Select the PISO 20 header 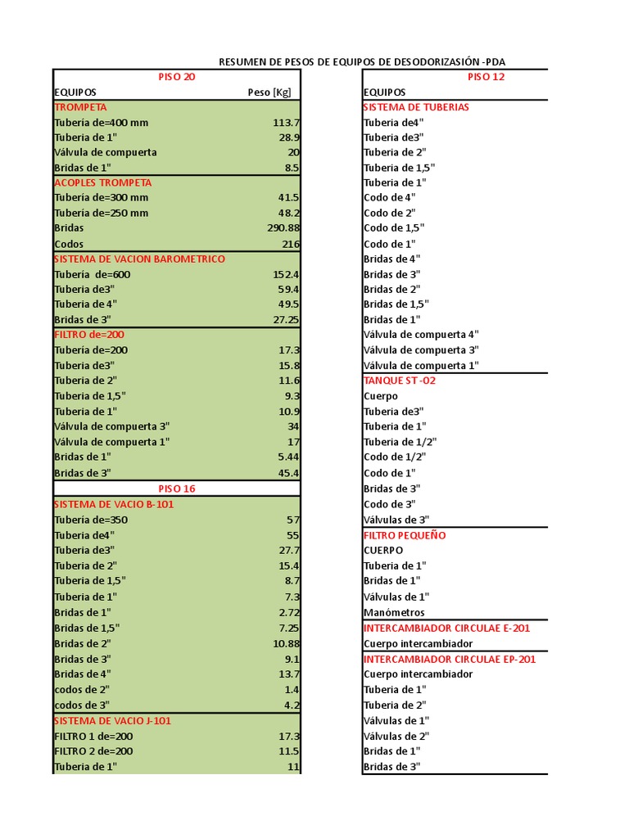coord(177,77)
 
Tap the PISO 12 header coord(486,77)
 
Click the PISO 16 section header coord(177,489)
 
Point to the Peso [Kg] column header coord(269,92)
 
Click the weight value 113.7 coord(286,123)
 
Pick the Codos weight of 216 coord(291,244)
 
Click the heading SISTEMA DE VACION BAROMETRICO coord(139,259)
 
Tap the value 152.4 coord(286,274)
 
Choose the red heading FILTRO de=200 coord(89,335)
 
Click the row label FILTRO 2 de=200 coord(93,750)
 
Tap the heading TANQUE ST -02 coord(399,381)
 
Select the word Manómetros coord(394,612)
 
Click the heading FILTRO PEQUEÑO coord(405,535)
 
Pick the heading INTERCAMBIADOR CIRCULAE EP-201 coord(450,659)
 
